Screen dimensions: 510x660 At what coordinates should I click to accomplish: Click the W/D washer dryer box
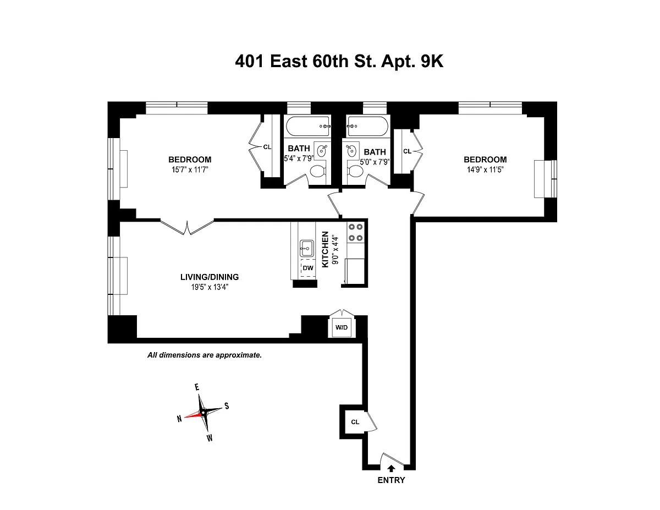click(x=342, y=328)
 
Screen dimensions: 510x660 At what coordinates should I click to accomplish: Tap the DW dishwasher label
click(x=308, y=268)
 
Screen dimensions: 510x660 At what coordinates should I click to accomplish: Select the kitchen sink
click(x=306, y=248)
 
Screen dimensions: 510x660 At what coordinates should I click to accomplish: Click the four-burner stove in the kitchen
click(x=355, y=232)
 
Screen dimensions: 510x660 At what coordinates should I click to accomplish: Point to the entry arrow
click(x=391, y=468)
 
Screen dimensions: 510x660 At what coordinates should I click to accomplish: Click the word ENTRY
click(x=391, y=480)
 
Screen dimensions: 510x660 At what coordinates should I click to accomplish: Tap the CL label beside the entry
click(x=355, y=422)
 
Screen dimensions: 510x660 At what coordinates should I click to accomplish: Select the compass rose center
click(x=203, y=412)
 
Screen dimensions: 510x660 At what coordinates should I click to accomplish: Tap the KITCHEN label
click(x=325, y=249)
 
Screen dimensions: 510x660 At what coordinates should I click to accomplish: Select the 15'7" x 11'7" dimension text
click(x=190, y=169)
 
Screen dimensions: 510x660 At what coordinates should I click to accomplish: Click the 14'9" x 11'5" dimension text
click(x=485, y=169)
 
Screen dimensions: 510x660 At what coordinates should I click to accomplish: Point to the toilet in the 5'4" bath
click(x=317, y=172)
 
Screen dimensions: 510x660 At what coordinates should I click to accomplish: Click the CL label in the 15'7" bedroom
click(x=267, y=147)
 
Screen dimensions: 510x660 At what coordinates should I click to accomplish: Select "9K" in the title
click(x=432, y=62)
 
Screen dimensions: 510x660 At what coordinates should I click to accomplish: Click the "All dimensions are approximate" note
click(x=205, y=355)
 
